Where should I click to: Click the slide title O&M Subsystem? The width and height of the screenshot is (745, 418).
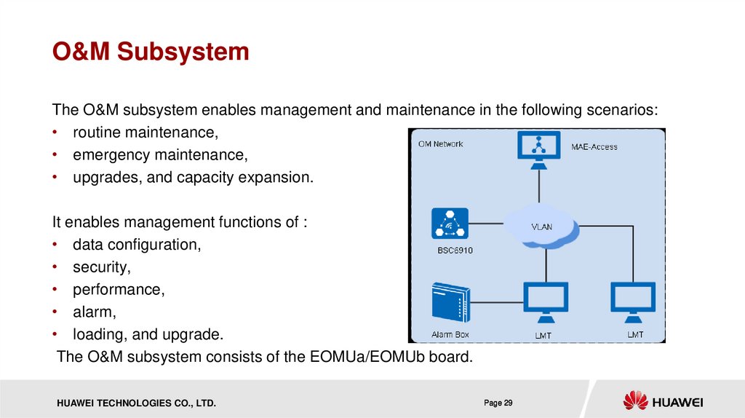tap(150, 52)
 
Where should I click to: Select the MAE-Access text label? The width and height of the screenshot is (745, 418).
tap(594, 146)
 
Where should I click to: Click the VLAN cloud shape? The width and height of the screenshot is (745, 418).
tap(542, 226)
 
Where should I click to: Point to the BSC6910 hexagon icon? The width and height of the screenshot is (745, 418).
tap(449, 224)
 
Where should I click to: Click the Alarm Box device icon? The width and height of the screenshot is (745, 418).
tap(450, 301)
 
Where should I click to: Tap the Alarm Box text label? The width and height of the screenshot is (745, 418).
tap(451, 335)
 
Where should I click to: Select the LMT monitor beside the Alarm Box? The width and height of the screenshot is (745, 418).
tap(546, 300)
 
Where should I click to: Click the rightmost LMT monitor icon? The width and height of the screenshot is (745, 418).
tap(633, 300)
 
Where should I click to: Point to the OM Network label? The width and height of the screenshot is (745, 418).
tap(440, 143)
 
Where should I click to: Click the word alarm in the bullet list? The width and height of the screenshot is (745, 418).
tap(94, 312)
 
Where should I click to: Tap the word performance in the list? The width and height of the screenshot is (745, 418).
tap(118, 290)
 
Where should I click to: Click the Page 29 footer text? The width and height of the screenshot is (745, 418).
tap(498, 403)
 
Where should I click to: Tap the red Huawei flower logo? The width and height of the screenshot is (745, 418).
tap(634, 401)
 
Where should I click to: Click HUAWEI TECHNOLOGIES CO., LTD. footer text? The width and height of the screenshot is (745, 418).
tap(132, 403)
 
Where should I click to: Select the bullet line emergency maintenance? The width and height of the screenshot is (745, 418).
tap(160, 155)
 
